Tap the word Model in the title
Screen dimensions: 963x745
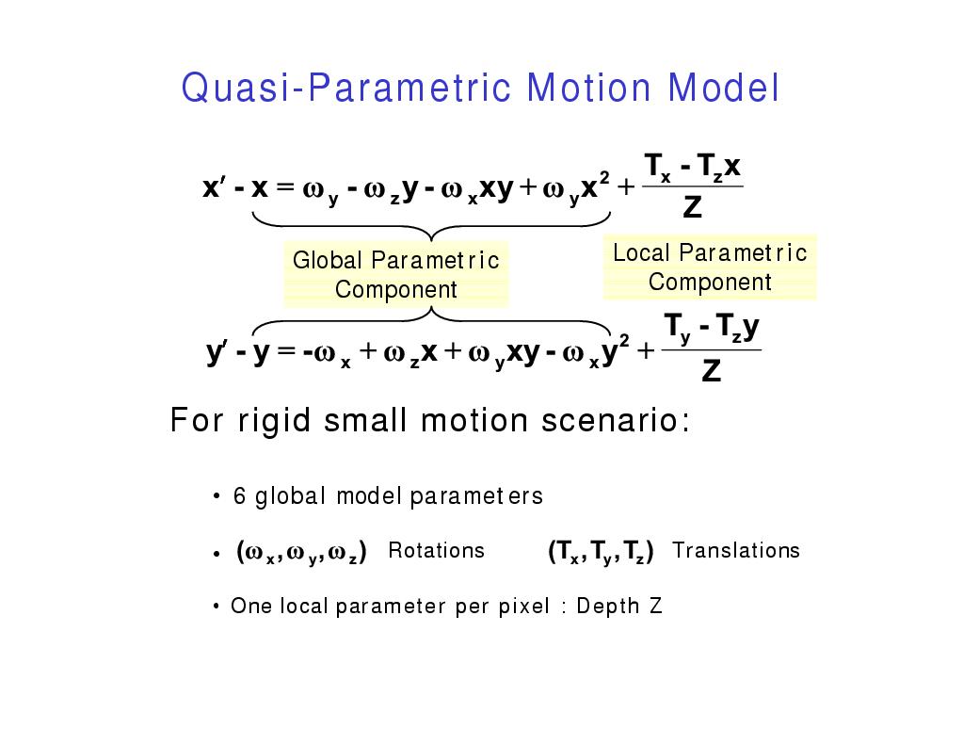[724, 88]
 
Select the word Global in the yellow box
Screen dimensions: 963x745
[328, 260]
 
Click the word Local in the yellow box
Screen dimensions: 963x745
[641, 252]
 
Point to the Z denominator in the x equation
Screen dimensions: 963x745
[692, 206]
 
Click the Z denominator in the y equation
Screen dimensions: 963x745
[712, 371]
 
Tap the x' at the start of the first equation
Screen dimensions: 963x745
[213, 186]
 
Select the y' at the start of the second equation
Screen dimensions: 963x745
[217, 352]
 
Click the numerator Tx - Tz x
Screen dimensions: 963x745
[693, 168]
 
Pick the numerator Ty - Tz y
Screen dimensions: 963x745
[712, 329]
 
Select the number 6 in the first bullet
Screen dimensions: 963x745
[239, 496]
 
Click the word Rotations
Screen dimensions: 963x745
[436, 550]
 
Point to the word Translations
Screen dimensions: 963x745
[736, 550]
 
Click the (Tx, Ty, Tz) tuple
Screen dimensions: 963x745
[601, 551]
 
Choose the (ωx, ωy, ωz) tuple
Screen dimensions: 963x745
[301, 552]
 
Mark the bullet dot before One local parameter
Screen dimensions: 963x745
[217, 607]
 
